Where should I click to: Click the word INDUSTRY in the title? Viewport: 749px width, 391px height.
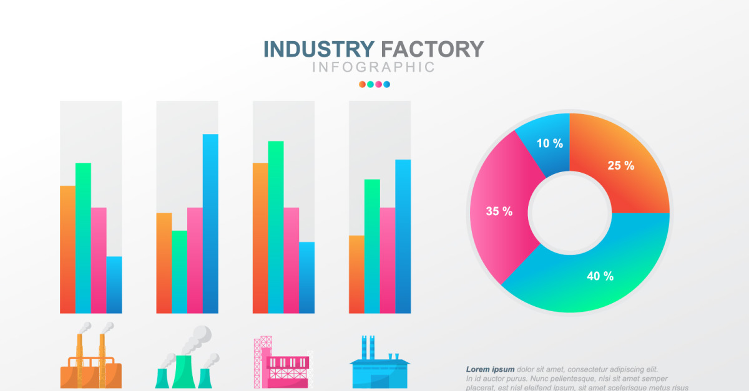[319, 49]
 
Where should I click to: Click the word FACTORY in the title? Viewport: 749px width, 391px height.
[432, 49]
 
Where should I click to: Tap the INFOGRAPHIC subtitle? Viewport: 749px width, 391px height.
[373, 67]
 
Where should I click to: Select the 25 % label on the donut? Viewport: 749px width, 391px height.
[620, 165]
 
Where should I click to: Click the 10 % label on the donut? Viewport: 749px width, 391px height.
[549, 143]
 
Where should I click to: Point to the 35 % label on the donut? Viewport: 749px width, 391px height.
[499, 211]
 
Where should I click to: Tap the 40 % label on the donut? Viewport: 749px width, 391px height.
[600, 276]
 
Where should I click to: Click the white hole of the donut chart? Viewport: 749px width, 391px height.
[569, 214]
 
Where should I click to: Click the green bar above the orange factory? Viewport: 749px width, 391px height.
[83, 238]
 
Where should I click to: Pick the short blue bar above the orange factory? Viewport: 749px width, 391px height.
[114, 284]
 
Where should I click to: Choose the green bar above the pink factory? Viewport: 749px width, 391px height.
[276, 227]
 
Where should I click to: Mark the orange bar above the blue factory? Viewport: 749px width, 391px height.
[356, 274]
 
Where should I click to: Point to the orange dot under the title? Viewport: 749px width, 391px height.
[362, 84]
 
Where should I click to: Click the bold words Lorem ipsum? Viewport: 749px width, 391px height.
[490, 369]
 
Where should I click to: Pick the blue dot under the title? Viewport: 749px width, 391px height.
[387, 84]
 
